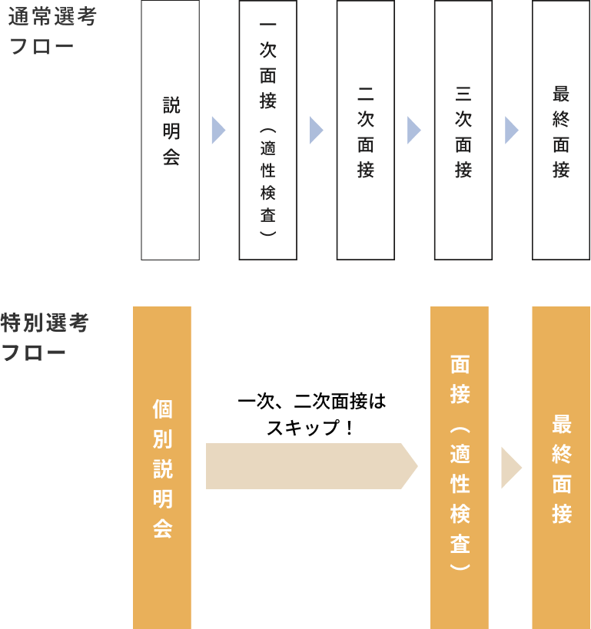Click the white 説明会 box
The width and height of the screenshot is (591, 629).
pyautogui.click(x=170, y=130)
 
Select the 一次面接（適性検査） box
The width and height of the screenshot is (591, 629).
pyautogui.click(x=267, y=130)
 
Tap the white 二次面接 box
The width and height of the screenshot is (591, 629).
pyautogui.click(x=365, y=130)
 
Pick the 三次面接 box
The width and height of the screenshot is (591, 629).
pyautogui.click(x=463, y=130)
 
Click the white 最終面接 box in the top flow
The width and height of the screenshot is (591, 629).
pyautogui.click(x=561, y=130)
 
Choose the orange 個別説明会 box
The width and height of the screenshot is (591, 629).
pyautogui.click(x=162, y=468)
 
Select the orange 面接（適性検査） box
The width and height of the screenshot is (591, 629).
pyautogui.click(x=460, y=468)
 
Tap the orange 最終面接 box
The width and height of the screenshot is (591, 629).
pyautogui.click(x=561, y=468)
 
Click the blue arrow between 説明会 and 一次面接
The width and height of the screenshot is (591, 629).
pyautogui.click(x=217, y=131)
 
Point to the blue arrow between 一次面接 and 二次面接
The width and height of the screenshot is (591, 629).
pyautogui.click(x=315, y=131)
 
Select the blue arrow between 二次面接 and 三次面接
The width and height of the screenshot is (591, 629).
pyautogui.click(x=413, y=131)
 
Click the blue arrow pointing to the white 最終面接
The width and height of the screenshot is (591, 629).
pyautogui.click(x=511, y=131)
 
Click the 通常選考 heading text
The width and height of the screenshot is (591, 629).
pyautogui.click(x=52, y=17)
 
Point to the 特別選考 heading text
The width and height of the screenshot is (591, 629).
pyautogui.click(x=45, y=323)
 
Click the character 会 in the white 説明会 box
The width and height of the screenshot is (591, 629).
pyautogui.click(x=171, y=157)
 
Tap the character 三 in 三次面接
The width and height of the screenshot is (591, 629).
pyautogui.click(x=463, y=94)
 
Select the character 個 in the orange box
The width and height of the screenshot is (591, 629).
pyautogui.click(x=162, y=409)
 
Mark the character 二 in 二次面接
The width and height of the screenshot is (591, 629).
pyautogui.click(x=366, y=94)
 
